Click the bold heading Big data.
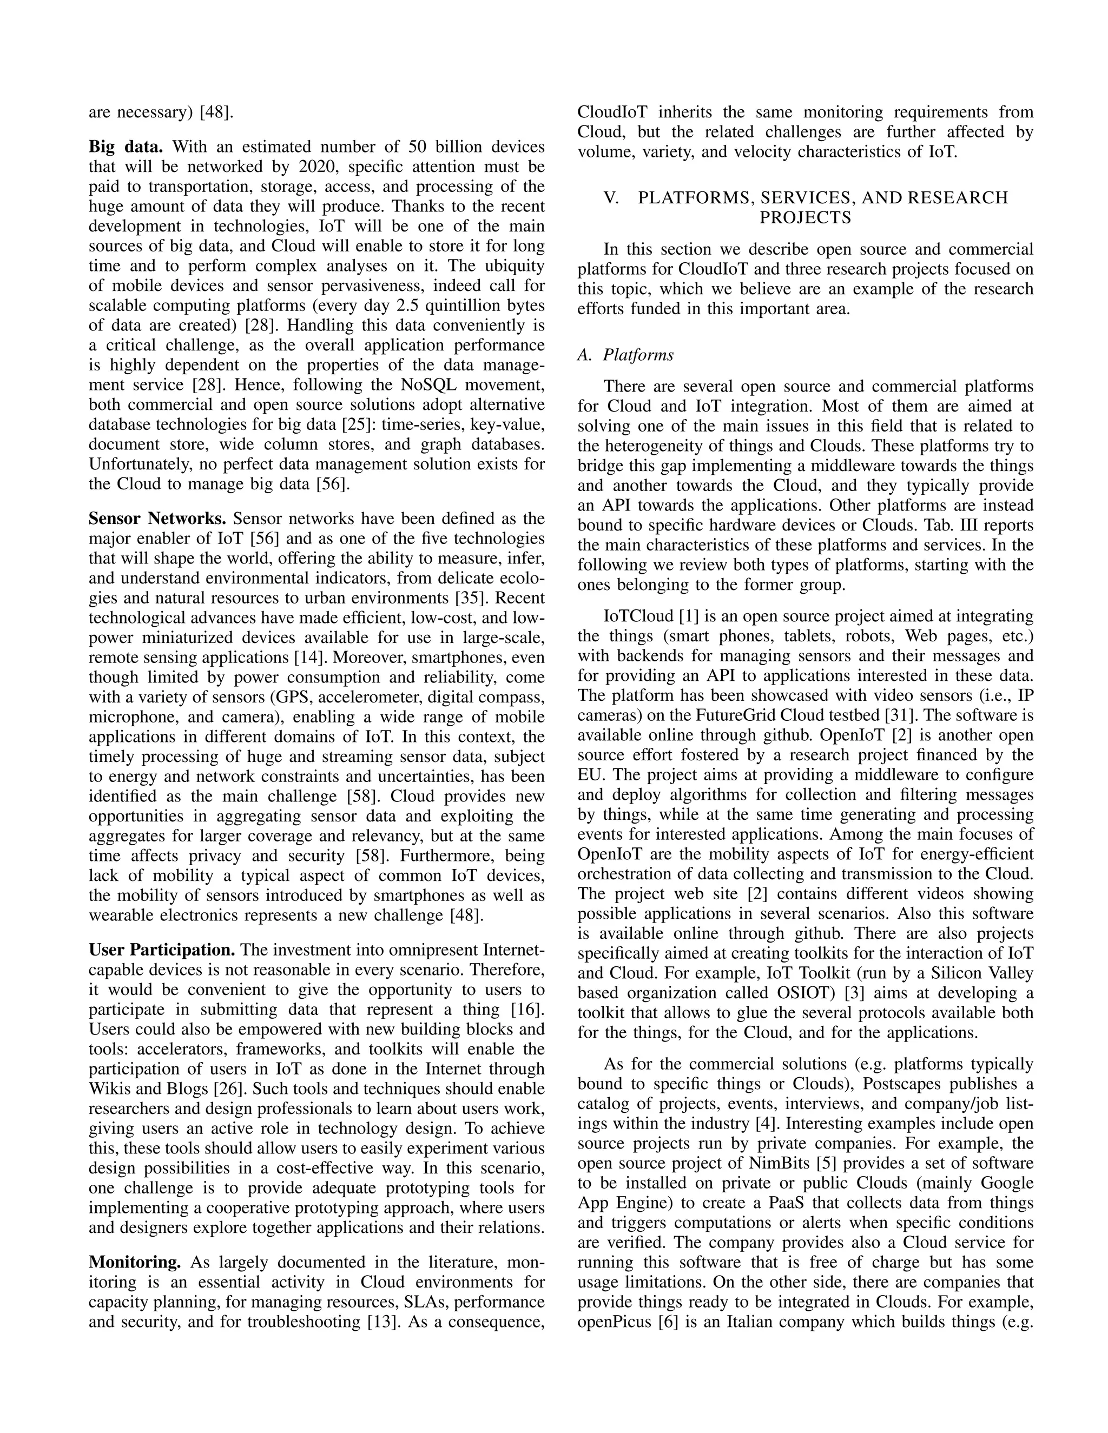click(x=126, y=147)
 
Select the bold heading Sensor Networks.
click(x=157, y=519)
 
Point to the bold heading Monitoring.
click(x=135, y=1262)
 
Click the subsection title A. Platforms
click(x=625, y=355)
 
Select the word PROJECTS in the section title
click(x=804, y=218)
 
